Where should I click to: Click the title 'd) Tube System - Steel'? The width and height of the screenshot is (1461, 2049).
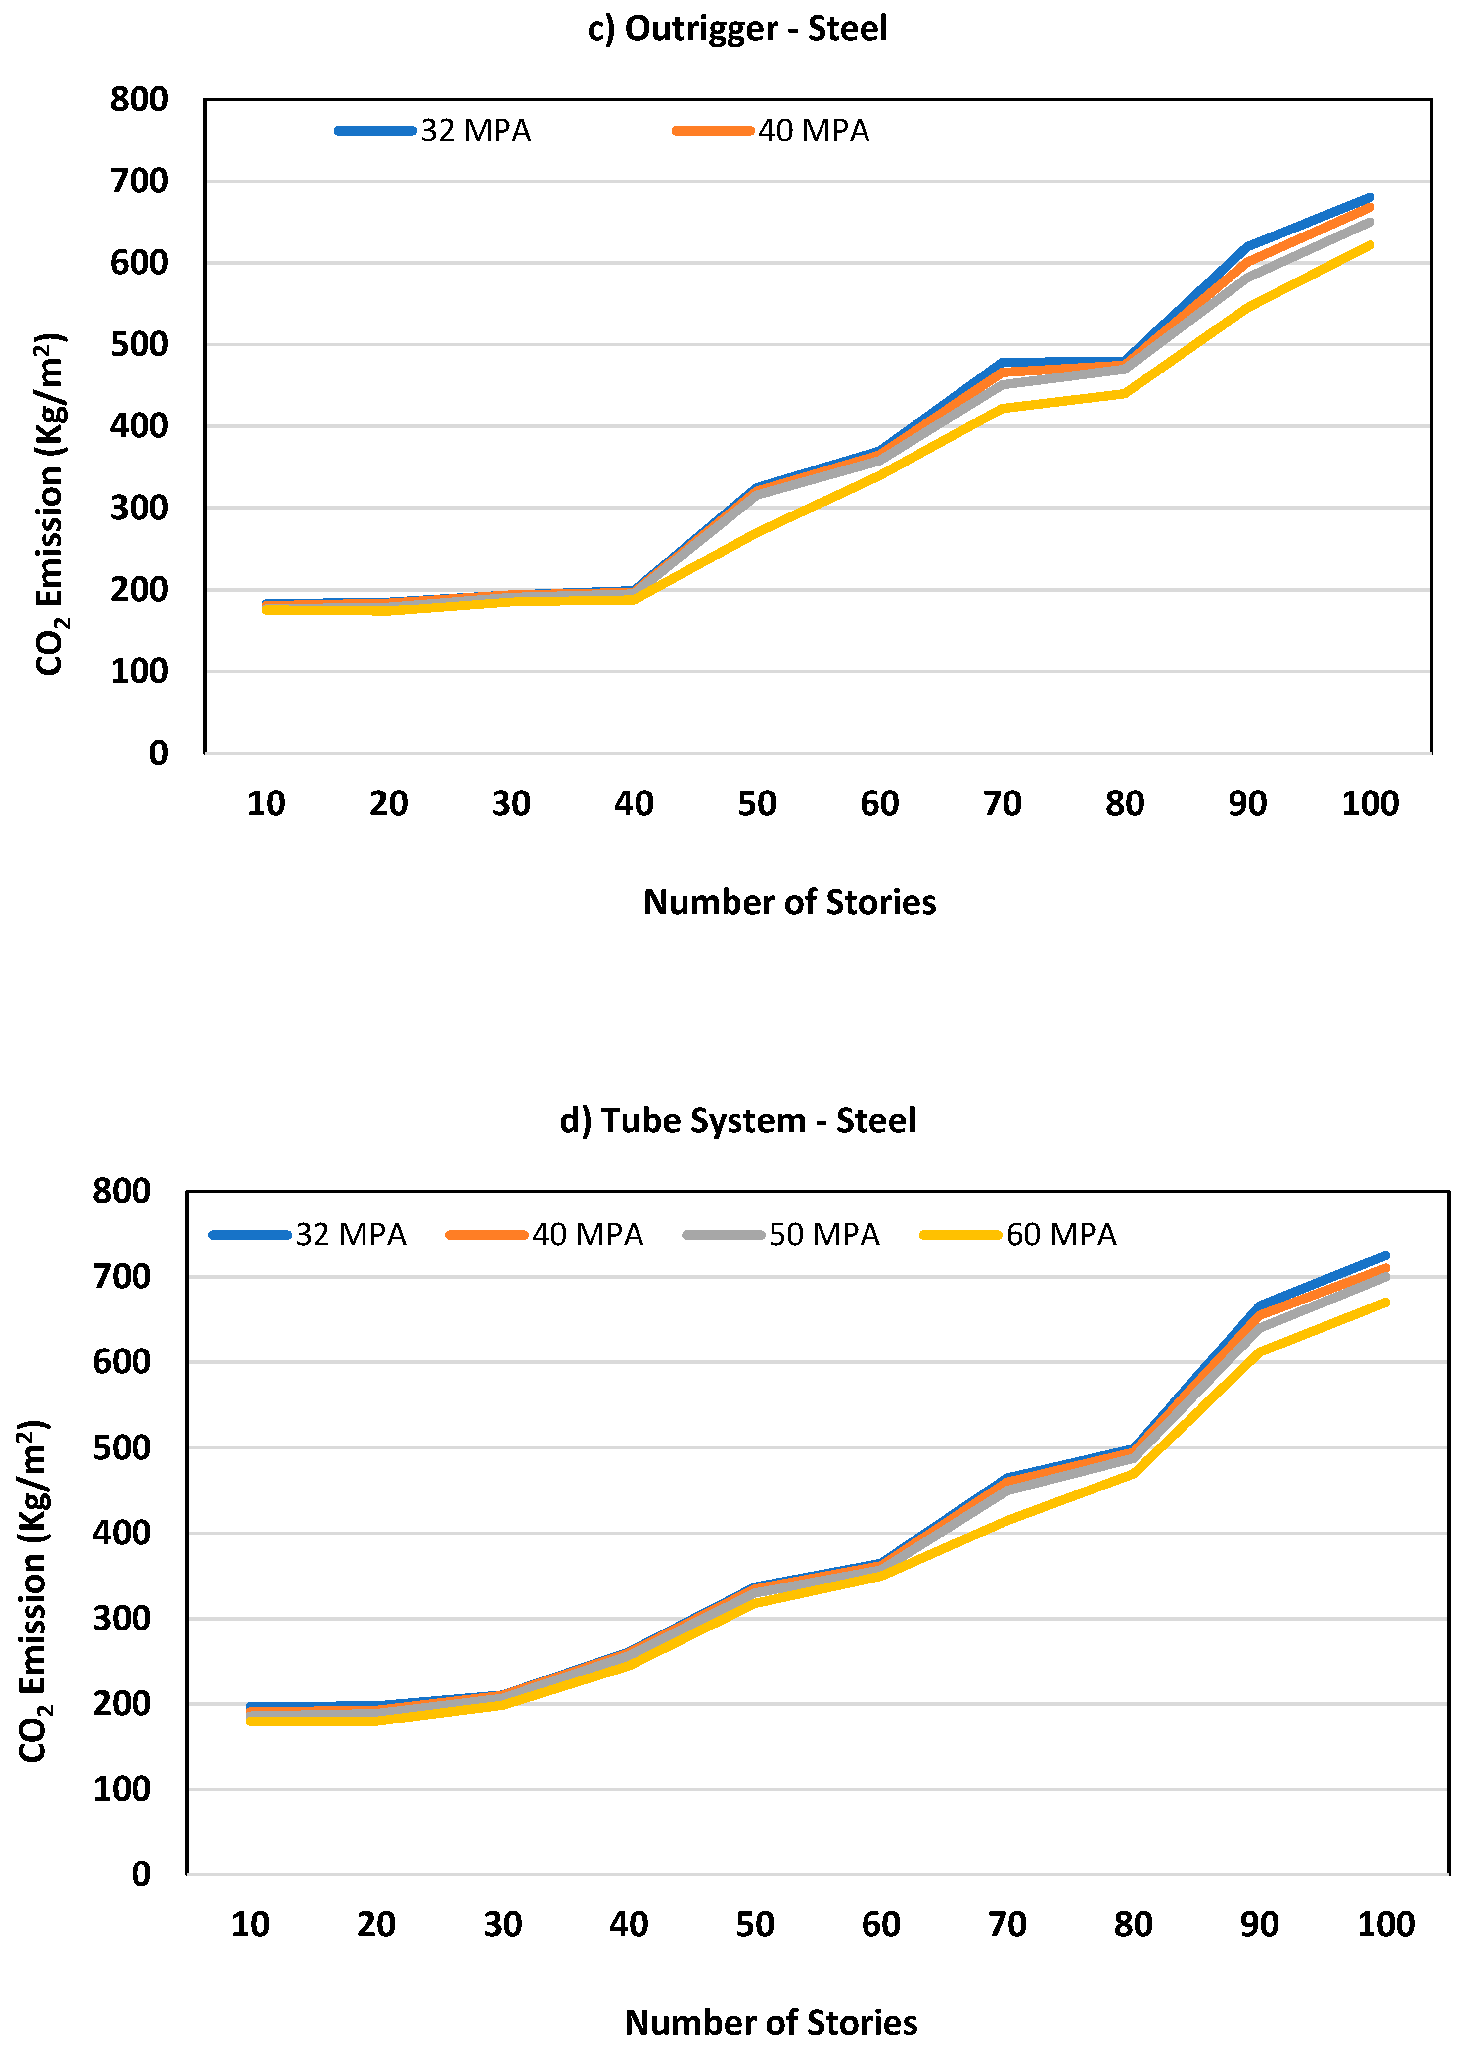(x=738, y=1120)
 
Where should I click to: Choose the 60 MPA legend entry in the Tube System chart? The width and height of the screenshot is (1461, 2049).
(x=1018, y=1235)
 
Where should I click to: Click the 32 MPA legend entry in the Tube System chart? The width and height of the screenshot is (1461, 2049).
(x=309, y=1235)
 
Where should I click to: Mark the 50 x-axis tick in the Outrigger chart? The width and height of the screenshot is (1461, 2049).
(x=757, y=803)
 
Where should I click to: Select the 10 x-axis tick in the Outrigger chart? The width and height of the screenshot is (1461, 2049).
(x=266, y=803)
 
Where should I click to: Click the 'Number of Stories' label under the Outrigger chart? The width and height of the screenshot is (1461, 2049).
(x=789, y=903)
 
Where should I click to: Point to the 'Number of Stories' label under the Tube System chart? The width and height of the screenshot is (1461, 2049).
(x=771, y=2023)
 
